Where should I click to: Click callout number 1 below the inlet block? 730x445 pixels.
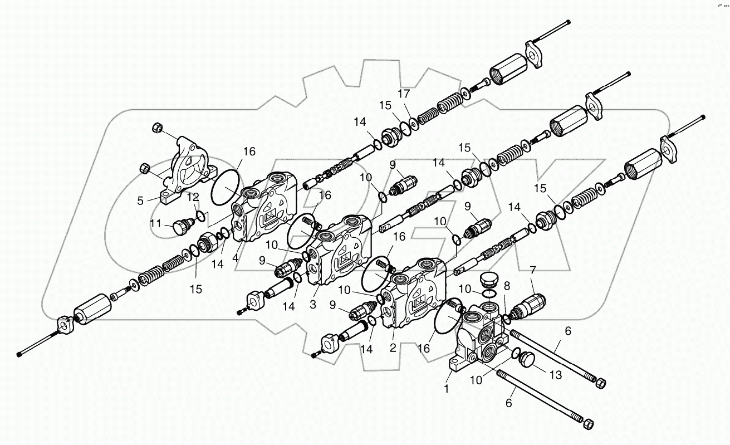pyautogui.click(x=446, y=389)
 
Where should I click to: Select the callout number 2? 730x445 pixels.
pyautogui.click(x=393, y=348)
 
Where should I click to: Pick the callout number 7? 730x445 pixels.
pyautogui.click(x=533, y=271)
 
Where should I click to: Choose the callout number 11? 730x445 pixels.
pyautogui.click(x=156, y=224)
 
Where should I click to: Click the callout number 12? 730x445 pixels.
pyautogui.click(x=192, y=197)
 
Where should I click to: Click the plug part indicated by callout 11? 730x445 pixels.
pyautogui.click(x=183, y=227)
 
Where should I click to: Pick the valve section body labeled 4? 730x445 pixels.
pyautogui.click(x=267, y=209)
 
